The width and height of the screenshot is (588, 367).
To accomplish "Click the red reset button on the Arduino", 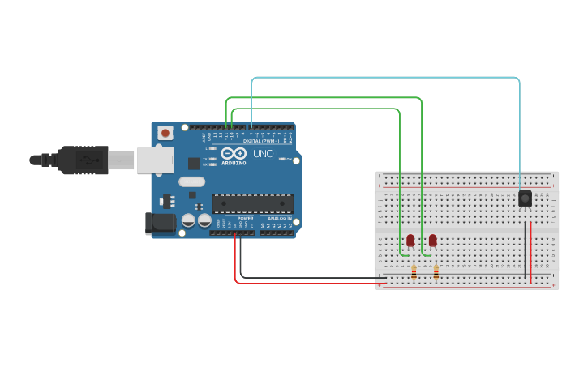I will (x=165, y=133).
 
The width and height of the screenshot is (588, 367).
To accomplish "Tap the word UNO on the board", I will (x=264, y=154).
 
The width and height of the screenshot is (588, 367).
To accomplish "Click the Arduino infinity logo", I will (x=234, y=153).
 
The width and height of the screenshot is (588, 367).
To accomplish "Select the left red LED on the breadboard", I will (x=410, y=240).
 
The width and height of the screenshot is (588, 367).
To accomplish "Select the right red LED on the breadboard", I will (x=432, y=240).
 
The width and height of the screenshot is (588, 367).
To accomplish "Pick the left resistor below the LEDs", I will (x=414, y=273).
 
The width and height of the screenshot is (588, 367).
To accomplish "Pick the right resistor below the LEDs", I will (x=436, y=273).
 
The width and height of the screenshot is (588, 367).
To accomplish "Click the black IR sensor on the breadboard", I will (x=525, y=198).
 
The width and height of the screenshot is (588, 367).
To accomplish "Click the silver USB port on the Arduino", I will (x=154, y=160).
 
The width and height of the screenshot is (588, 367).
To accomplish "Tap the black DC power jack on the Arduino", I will (x=160, y=224).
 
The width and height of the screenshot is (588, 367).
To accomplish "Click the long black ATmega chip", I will (x=252, y=203).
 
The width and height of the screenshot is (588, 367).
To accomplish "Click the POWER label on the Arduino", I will (x=245, y=218).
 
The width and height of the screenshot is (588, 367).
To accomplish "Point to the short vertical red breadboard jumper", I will (x=530, y=253).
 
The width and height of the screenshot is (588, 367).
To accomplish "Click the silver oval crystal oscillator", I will (x=192, y=195).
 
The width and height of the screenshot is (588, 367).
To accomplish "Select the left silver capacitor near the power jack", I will (x=188, y=220).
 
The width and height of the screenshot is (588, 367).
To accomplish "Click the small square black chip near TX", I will (x=194, y=164).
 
